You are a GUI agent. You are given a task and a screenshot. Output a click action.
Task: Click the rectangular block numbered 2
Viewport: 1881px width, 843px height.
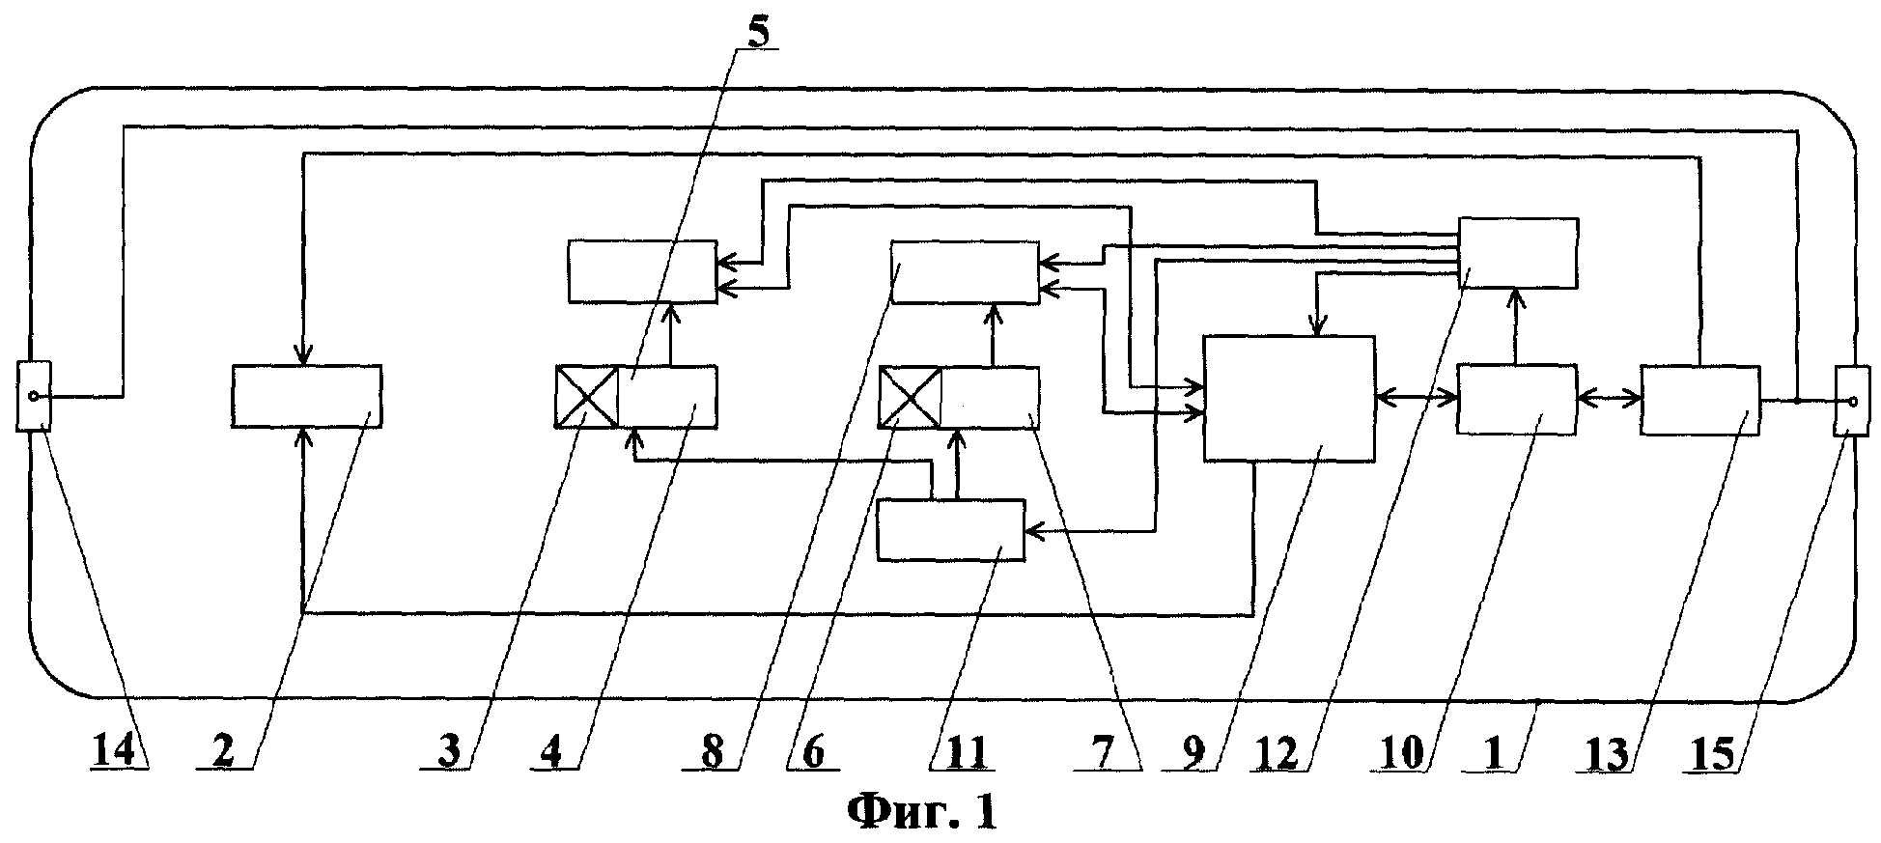tap(306, 396)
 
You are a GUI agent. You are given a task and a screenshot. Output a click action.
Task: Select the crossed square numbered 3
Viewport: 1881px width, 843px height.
tap(586, 397)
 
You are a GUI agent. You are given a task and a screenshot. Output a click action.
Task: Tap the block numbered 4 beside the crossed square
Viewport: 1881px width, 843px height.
tap(667, 397)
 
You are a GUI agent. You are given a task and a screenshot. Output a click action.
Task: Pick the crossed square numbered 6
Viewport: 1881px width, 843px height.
tap(909, 397)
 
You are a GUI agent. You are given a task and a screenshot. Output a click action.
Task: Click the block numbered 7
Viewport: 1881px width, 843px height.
tap(990, 397)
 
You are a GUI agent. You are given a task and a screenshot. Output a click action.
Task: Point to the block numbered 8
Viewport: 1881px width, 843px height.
tap(965, 272)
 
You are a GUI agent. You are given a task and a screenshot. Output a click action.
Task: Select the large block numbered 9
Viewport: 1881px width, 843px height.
tap(1288, 398)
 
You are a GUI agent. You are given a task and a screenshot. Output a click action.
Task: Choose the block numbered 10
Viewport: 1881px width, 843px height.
tap(1515, 400)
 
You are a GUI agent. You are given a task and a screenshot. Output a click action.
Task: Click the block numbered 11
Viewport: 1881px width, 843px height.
tap(950, 530)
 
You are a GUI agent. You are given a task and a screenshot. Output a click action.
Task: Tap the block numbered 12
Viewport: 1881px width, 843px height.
tap(1517, 252)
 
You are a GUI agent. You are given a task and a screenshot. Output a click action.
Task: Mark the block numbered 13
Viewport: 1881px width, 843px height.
tap(1699, 400)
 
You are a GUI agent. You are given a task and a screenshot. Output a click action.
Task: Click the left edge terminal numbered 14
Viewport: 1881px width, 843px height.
tap(34, 396)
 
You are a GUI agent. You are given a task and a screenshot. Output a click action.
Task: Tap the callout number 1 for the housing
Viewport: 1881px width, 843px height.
tap(1493, 753)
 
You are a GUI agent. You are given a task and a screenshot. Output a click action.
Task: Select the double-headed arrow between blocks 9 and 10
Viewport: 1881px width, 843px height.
tap(1416, 395)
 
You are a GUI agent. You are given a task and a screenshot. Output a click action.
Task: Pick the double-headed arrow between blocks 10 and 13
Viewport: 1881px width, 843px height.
tap(1608, 395)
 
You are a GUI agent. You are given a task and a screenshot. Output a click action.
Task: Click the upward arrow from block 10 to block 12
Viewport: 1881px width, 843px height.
tap(1515, 325)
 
